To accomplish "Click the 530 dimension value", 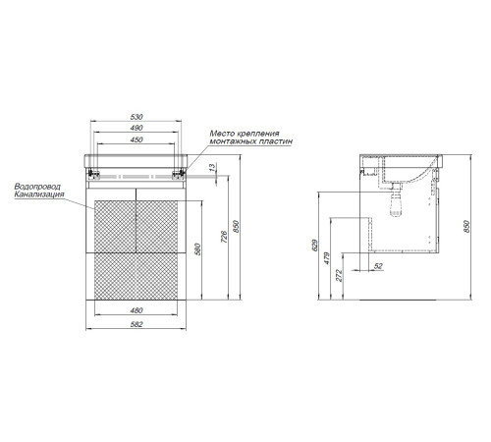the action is [x=136, y=117].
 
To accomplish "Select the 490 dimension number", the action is [x=136, y=128].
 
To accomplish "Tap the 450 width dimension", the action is [x=136, y=139].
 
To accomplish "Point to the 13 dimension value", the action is [x=213, y=167].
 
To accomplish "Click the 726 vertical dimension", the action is [x=224, y=237].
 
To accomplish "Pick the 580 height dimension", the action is [x=197, y=249].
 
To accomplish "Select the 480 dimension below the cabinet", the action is [x=136, y=310].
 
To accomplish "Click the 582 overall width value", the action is [x=136, y=324].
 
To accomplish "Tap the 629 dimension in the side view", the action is [x=314, y=246].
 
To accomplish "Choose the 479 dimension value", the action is [x=327, y=258].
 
